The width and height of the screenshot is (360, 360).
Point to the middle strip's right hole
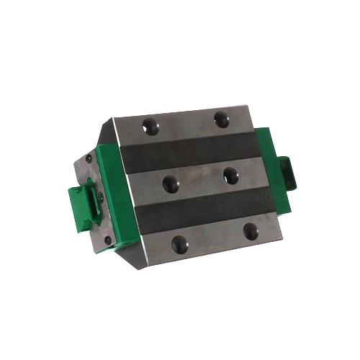coord(230,174)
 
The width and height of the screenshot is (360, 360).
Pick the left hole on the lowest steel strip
coord(179,243)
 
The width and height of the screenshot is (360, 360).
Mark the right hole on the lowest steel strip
coord(249,232)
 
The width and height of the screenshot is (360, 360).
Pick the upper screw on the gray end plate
coord(88,158)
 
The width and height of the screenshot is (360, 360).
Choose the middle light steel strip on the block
coord(198,180)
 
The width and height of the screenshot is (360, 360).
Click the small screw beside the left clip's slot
coord(101,197)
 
